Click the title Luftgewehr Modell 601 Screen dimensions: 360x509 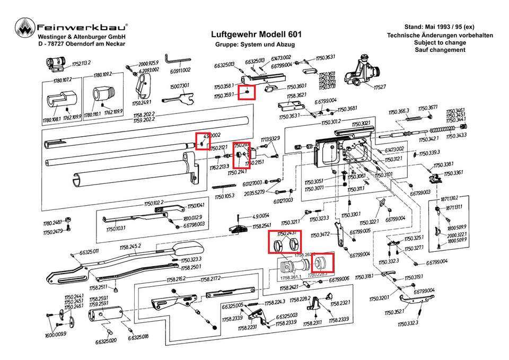point(254,34)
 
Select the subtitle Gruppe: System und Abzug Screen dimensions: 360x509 point(254,45)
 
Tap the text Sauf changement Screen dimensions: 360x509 point(440,50)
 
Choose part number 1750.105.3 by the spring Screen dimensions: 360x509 point(223,195)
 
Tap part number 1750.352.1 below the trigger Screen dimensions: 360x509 point(407,313)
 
